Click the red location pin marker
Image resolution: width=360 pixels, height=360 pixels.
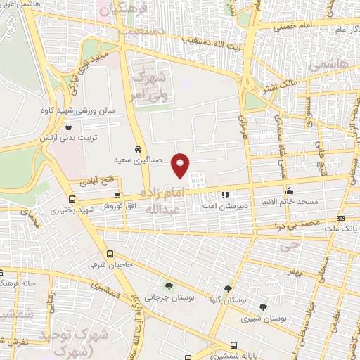[181, 165]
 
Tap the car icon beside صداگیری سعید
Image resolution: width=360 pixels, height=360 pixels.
[139, 150]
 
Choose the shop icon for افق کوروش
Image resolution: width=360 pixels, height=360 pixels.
[117, 196]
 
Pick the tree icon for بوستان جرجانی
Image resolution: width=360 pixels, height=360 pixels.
[168, 285]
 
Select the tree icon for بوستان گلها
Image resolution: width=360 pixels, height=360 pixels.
[227, 288]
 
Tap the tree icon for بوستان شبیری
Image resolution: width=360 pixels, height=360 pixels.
[263, 307]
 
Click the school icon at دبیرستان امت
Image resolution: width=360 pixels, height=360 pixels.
[224, 195]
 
